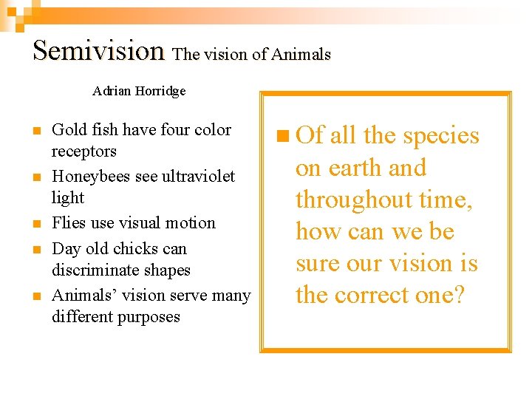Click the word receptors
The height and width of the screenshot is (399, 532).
[x=84, y=151]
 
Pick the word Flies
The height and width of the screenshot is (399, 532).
[x=69, y=223]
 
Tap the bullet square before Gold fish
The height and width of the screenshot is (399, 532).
[x=35, y=132]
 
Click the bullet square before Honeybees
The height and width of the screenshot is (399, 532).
[x=35, y=178]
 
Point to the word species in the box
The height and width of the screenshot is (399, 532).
[x=441, y=137]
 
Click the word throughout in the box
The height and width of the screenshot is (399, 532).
[x=355, y=200]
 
